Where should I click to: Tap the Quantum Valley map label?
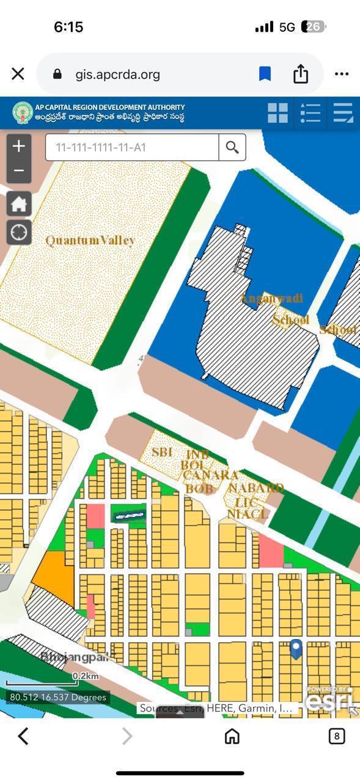(x=90, y=241)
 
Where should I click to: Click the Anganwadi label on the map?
(x=271, y=299)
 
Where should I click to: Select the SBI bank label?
(x=162, y=452)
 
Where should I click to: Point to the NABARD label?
(x=255, y=488)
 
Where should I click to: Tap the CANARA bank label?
(x=210, y=475)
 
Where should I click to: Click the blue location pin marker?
(x=296, y=649)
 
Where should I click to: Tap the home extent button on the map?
(x=19, y=203)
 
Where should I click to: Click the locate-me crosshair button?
(x=19, y=232)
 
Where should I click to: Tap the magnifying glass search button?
(x=232, y=147)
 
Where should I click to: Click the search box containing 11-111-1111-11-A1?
(x=131, y=147)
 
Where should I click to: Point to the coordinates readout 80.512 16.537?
(x=58, y=697)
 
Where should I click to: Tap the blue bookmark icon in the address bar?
(x=265, y=74)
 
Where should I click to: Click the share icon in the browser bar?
(x=300, y=74)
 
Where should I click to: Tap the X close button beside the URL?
(x=18, y=74)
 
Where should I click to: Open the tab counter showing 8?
(x=336, y=736)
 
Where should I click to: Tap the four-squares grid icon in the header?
(x=277, y=113)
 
